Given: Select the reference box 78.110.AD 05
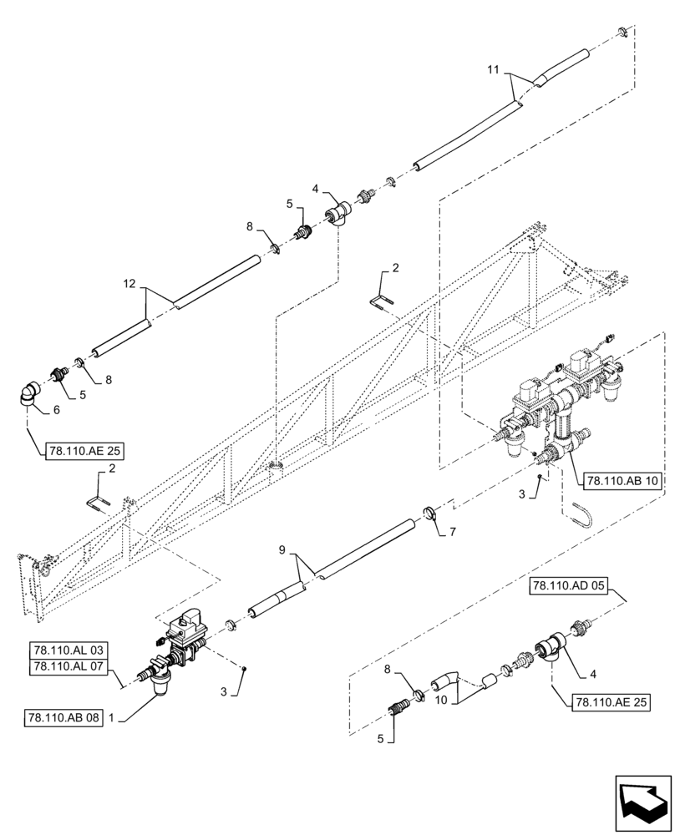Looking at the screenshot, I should click(564, 585).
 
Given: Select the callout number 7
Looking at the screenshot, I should click(453, 532).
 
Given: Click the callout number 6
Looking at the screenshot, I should click(57, 410).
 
